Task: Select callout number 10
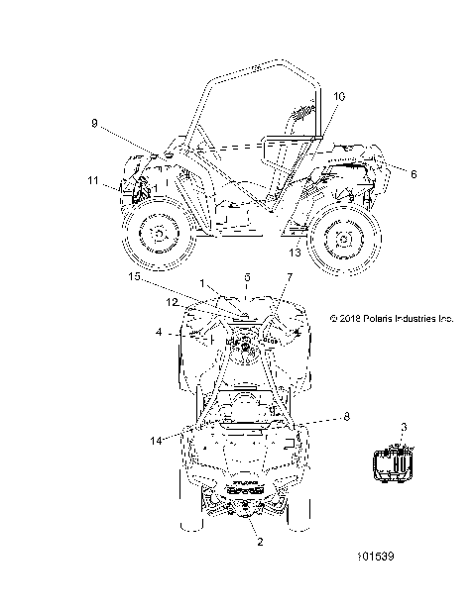pyautogui.click(x=339, y=96)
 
